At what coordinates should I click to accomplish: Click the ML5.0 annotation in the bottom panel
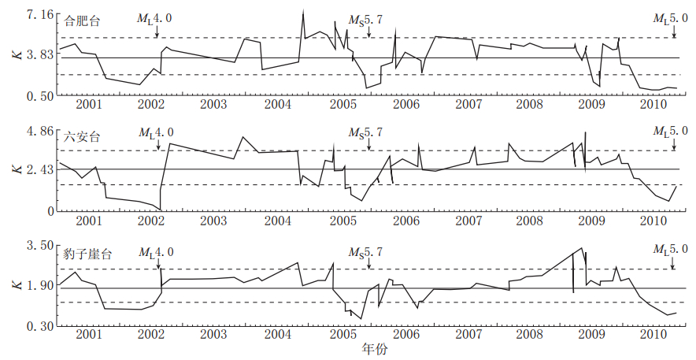pyautogui.click(x=671, y=249)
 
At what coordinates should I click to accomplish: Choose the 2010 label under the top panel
pyautogui.click(x=652, y=106)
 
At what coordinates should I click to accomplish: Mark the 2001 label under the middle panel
pyautogui.click(x=89, y=221)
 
